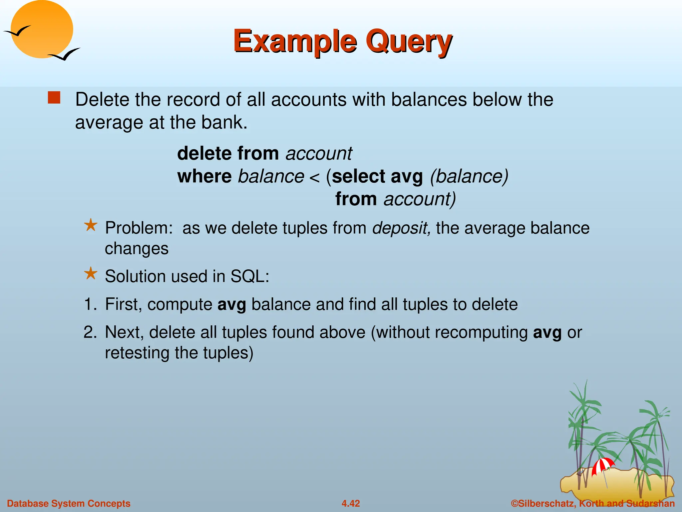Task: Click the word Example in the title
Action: [x=295, y=41]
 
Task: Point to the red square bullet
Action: [x=54, y=98]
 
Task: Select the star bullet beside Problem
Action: [x=91, y=226]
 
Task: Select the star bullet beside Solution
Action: [x=91, y=274]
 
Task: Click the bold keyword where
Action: [x=204, y=176]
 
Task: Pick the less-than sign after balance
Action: [x=314, y=178]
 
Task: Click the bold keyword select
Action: [x=358, y=176]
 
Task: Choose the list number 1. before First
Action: [x=90, y=304]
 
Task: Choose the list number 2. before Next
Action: [x=90, y=332]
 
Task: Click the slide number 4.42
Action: [x=351, y=503]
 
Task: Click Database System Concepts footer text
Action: [x=69, y=503]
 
